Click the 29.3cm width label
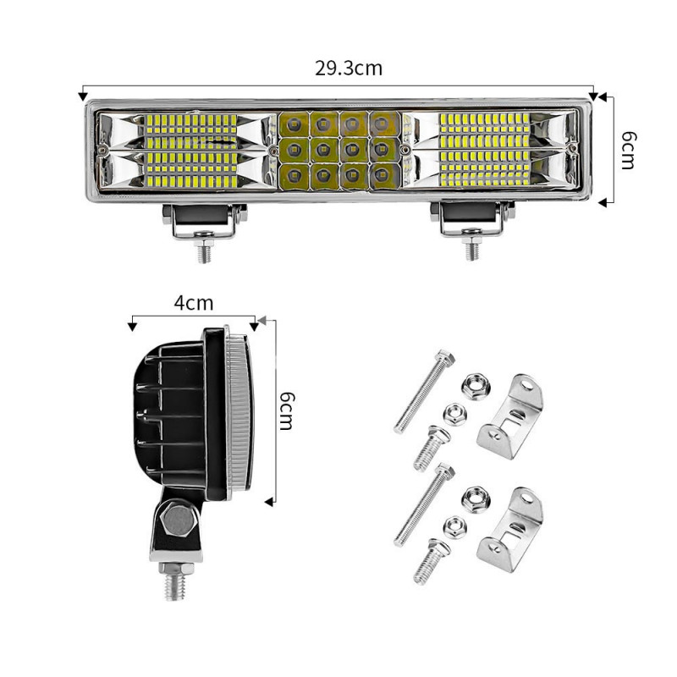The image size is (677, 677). coord(349,69)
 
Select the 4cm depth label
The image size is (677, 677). coord(194,302)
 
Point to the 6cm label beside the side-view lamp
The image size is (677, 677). coord(286,410)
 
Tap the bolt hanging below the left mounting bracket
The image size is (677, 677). coord(203,250)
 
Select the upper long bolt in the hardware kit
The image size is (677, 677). coord(418,392)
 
